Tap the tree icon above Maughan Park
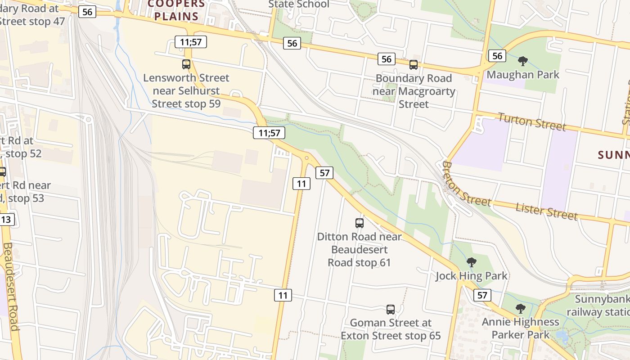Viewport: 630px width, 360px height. coord(522,61)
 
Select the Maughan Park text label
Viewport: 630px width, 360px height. coord(523,74)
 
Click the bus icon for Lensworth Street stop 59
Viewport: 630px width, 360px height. coord(186,64)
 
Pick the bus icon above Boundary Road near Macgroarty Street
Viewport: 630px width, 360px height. coord(414,65)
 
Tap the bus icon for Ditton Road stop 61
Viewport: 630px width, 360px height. coord(359,223)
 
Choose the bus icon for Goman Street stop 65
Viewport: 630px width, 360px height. coord(391,310)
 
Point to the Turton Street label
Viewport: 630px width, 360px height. coord(531,122)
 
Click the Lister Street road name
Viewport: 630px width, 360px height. coord(546,211)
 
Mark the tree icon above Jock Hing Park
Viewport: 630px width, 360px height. coord(471,262)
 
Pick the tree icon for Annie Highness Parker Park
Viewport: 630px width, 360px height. coord(520,309)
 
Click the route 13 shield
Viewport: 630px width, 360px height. coord(6,220)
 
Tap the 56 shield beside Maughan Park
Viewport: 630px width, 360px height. coord(497,56)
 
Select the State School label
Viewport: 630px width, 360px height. coord(299,4)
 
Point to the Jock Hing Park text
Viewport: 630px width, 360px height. coord(471,276)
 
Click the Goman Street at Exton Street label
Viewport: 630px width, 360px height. coord(391,329)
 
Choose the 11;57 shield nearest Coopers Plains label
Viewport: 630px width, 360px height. coord(191,42)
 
